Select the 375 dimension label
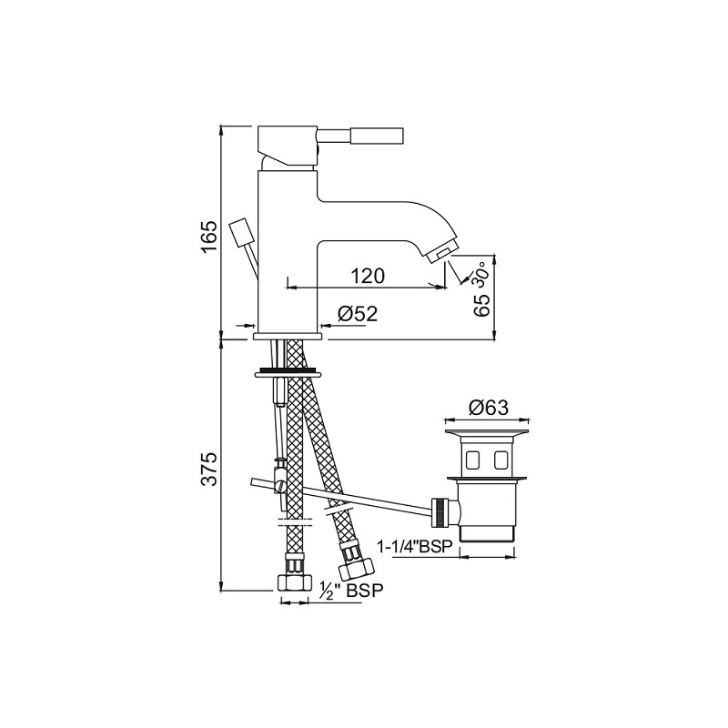tap(209, 468)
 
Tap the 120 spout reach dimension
tap(368, 276)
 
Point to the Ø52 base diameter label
tap(358, 314)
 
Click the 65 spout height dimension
tap(483, 305)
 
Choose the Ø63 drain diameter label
tap(489, 408)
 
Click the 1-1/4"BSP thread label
tap(416, 547)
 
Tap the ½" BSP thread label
tap(352, 591)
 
